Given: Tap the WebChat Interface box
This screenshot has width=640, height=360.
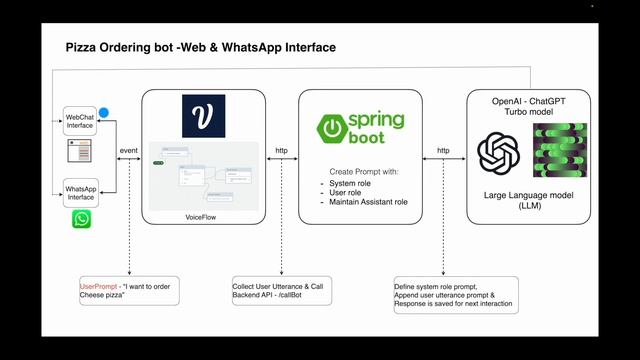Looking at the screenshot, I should click(x=80, y=119).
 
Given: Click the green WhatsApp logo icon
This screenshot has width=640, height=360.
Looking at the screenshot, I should click(x=80, y=219).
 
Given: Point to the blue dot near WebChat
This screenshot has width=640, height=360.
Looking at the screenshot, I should click(x=104, y=113).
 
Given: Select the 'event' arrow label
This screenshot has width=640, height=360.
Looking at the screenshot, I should click(x=128, y=150).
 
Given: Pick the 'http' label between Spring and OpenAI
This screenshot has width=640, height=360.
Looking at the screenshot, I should click(x=441, y=150).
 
